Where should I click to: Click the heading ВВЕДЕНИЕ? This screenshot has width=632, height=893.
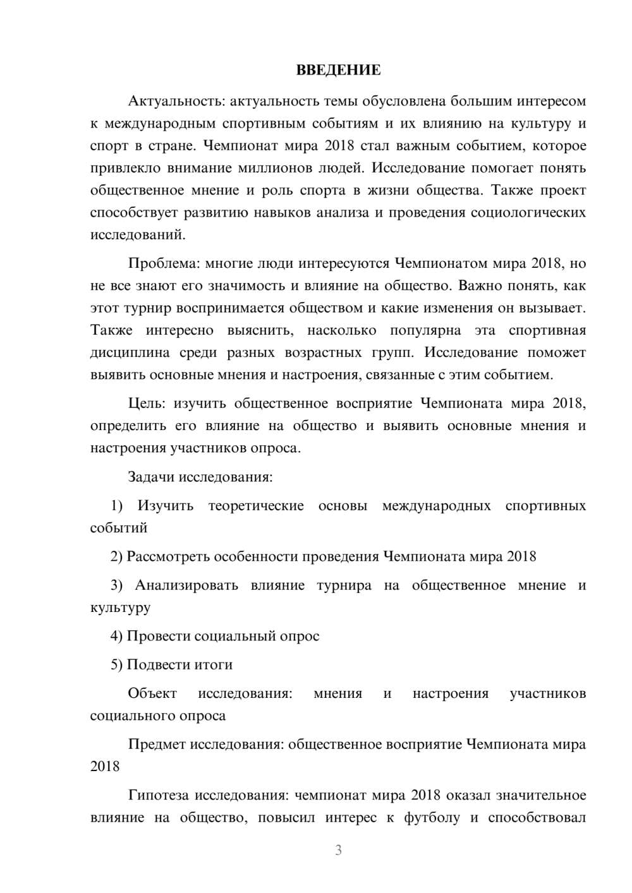[338, 70]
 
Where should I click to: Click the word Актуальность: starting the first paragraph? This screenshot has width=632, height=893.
[176, 101]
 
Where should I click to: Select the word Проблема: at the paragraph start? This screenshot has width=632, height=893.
[164, 263]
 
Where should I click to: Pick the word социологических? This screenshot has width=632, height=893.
[528, 213]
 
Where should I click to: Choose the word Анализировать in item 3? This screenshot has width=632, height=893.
[186, 585]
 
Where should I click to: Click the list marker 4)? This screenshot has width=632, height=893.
[117, 636]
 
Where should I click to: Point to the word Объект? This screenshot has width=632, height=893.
[152, 693]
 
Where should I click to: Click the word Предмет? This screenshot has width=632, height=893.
[157, 744]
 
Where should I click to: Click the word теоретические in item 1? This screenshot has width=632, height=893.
[256, 506]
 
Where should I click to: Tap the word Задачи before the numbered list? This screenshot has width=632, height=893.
[151, 477]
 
